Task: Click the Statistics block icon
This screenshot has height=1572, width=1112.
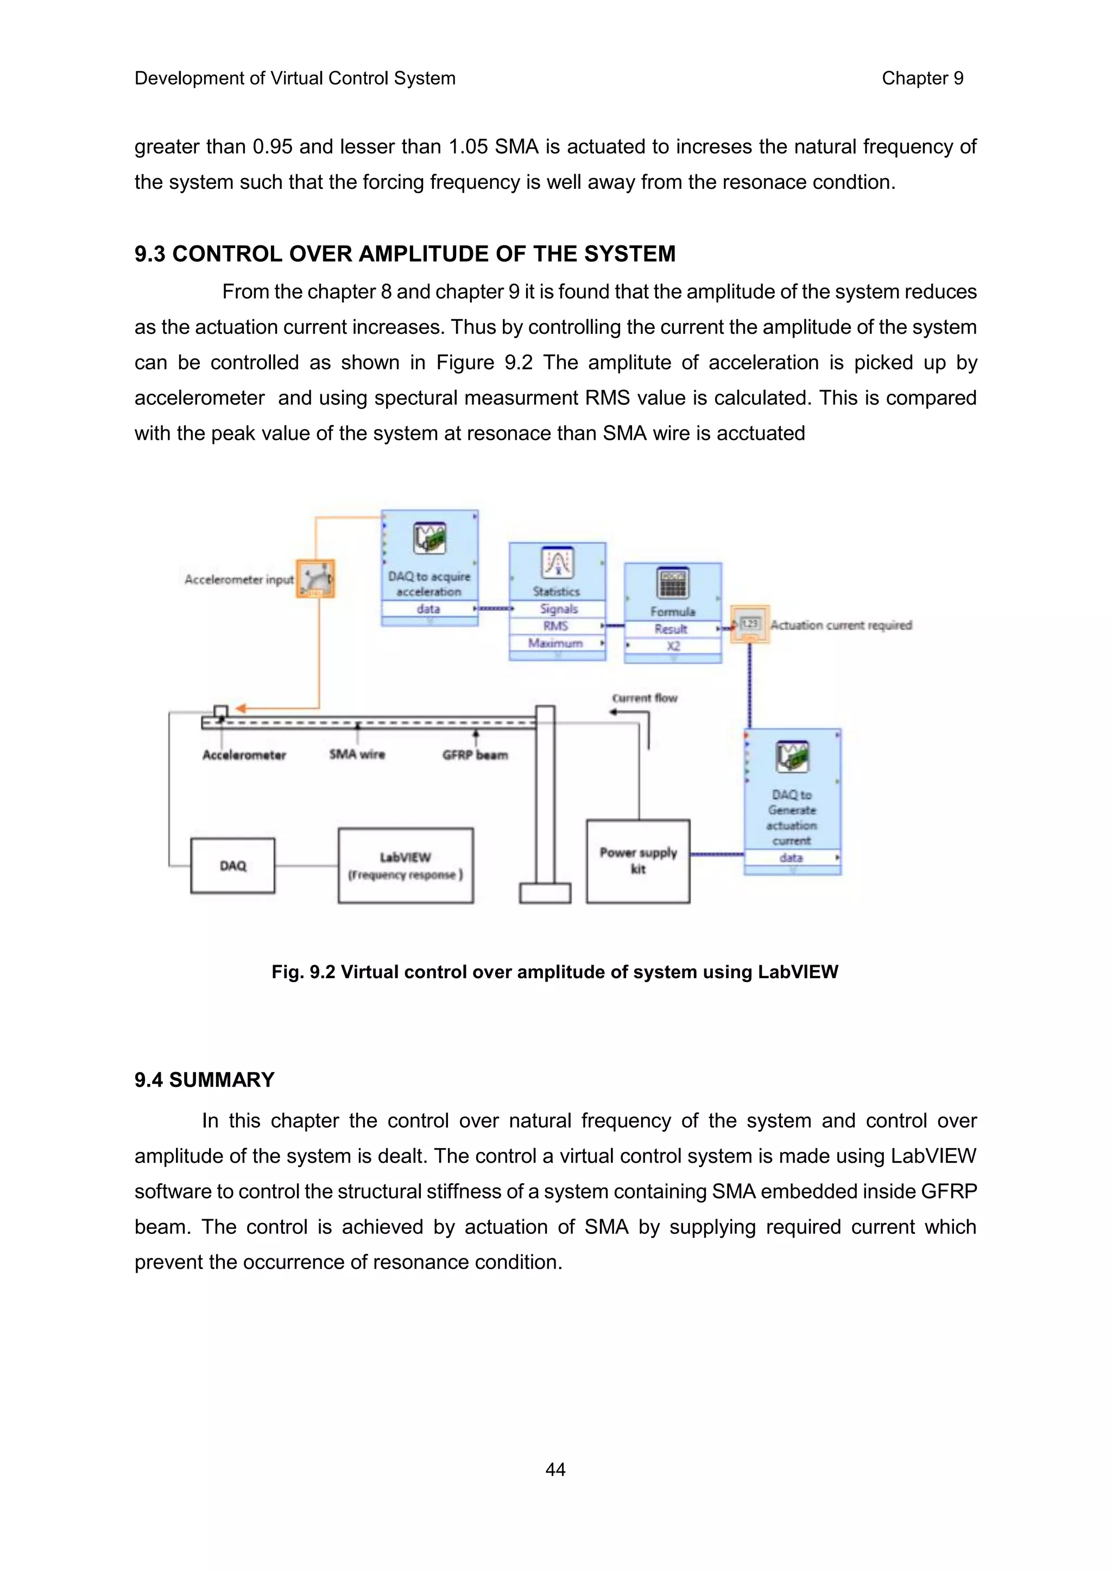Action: click(x=558, y=563)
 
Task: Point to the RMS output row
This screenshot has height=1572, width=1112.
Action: click(x=556, y=626)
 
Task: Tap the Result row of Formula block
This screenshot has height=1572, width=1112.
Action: click(x=672, y=629)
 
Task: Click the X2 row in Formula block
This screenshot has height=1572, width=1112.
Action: click(x=673, y=645)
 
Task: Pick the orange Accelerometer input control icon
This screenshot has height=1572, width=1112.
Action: click(x=315, y=579)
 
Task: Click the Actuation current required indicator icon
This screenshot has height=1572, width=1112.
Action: click(x=750, y=624)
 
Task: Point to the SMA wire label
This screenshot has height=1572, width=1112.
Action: click(x=357, y=754)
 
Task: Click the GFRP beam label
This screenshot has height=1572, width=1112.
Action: click(x=475, y=755)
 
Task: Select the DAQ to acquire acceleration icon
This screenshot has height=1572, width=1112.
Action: click(x=429, y=538)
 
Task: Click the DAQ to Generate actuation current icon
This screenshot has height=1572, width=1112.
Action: click(x=792, y=757)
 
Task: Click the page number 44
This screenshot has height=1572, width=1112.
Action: click(x=555, y=1469)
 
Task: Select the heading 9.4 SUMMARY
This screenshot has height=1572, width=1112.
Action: click(x=204, y=1080)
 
